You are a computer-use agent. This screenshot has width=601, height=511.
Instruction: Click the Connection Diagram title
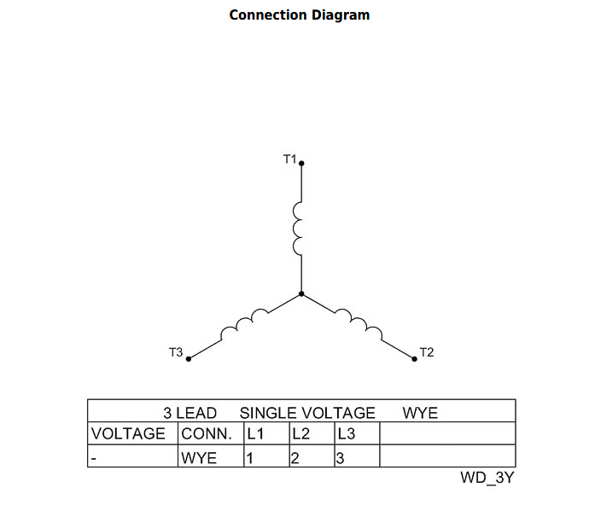[300, 15]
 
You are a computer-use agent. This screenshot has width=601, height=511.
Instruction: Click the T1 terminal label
[289, 159]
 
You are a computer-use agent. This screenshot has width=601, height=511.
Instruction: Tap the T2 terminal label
[427, 352]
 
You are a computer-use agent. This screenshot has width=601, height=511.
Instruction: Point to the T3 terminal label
[176, 352]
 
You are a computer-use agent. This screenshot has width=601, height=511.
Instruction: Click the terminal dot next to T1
[301, 164]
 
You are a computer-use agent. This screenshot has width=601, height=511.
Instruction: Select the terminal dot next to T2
[414, 359]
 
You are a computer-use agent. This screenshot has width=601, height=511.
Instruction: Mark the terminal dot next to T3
[189, 359]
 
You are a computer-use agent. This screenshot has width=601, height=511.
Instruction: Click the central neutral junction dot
[301, 293]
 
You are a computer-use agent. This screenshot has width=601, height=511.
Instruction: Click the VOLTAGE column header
[128, 434]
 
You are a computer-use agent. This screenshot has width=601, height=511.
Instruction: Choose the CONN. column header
[207, 434]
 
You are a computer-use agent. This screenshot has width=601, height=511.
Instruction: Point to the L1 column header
[255, 434]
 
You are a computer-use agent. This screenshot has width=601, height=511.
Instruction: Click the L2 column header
[300, 434]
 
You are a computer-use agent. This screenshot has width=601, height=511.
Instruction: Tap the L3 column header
[347, 434]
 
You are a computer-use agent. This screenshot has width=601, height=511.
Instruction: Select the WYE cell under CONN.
[199, 458]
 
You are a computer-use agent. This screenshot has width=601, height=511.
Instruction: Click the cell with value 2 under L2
[295, 458]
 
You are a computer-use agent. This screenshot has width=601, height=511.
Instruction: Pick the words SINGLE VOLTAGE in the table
[307, 413]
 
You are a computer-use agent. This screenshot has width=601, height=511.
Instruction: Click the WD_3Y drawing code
[487, 478]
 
